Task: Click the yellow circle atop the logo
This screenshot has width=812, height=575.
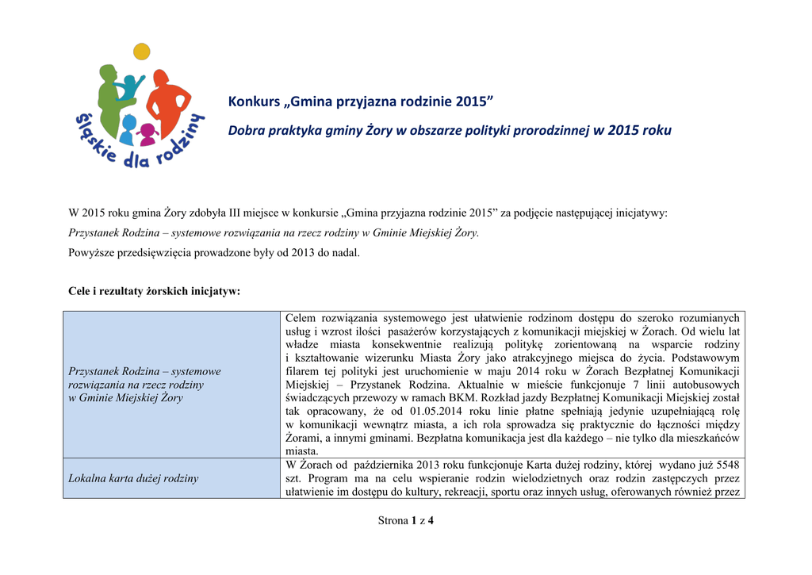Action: [x=142, y=52]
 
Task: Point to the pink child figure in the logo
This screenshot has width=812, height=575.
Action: [x=147, y=134]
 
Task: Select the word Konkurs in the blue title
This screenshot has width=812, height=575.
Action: [x=254, y=102]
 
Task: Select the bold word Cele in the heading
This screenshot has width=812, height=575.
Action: [x=80, y=291]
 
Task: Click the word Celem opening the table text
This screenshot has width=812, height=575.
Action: [x=301, y=318]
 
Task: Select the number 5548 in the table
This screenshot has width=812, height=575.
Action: [x=726, y=465]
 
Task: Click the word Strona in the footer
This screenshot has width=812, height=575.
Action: [x=393, y=521]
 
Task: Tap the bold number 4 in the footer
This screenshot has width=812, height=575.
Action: [x=431, y=521]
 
